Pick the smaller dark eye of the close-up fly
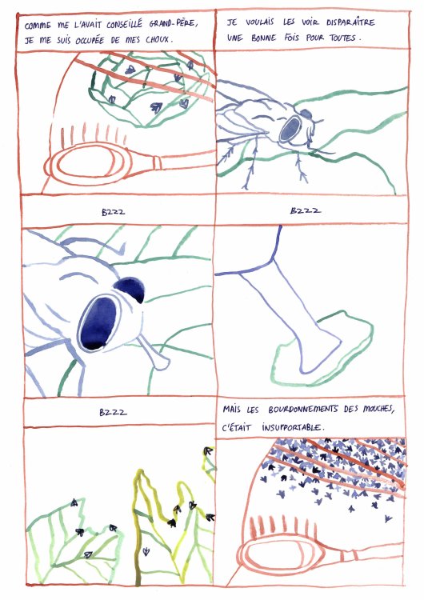click(x=129, y=290)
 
